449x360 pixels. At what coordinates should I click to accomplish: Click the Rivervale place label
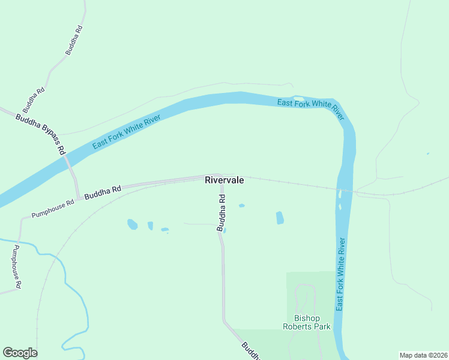point(224,179)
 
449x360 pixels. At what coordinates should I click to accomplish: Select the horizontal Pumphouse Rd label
point(53,208)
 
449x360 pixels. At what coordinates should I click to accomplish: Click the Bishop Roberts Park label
point(307,322)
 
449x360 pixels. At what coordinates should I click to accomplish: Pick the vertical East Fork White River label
point(341,274)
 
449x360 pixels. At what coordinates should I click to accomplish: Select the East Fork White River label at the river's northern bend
point(310,109)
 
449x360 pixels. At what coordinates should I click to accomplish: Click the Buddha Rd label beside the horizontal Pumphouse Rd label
point(103,193)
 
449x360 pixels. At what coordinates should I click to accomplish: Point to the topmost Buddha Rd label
point(73,41)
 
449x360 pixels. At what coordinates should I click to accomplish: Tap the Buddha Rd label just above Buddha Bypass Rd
point(34,100)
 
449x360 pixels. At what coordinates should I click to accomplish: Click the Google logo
point(20,353)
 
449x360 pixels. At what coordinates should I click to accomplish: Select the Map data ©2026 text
point(423,355)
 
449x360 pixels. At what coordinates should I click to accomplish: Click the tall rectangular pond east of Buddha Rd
point(280,218)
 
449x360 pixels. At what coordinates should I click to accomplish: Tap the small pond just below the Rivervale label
point(241,206)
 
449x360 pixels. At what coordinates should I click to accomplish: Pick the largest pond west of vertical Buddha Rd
point(132,224)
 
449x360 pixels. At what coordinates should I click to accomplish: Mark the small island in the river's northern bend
point(298,98)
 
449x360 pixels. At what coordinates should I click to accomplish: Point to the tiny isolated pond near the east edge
point(427,154)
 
